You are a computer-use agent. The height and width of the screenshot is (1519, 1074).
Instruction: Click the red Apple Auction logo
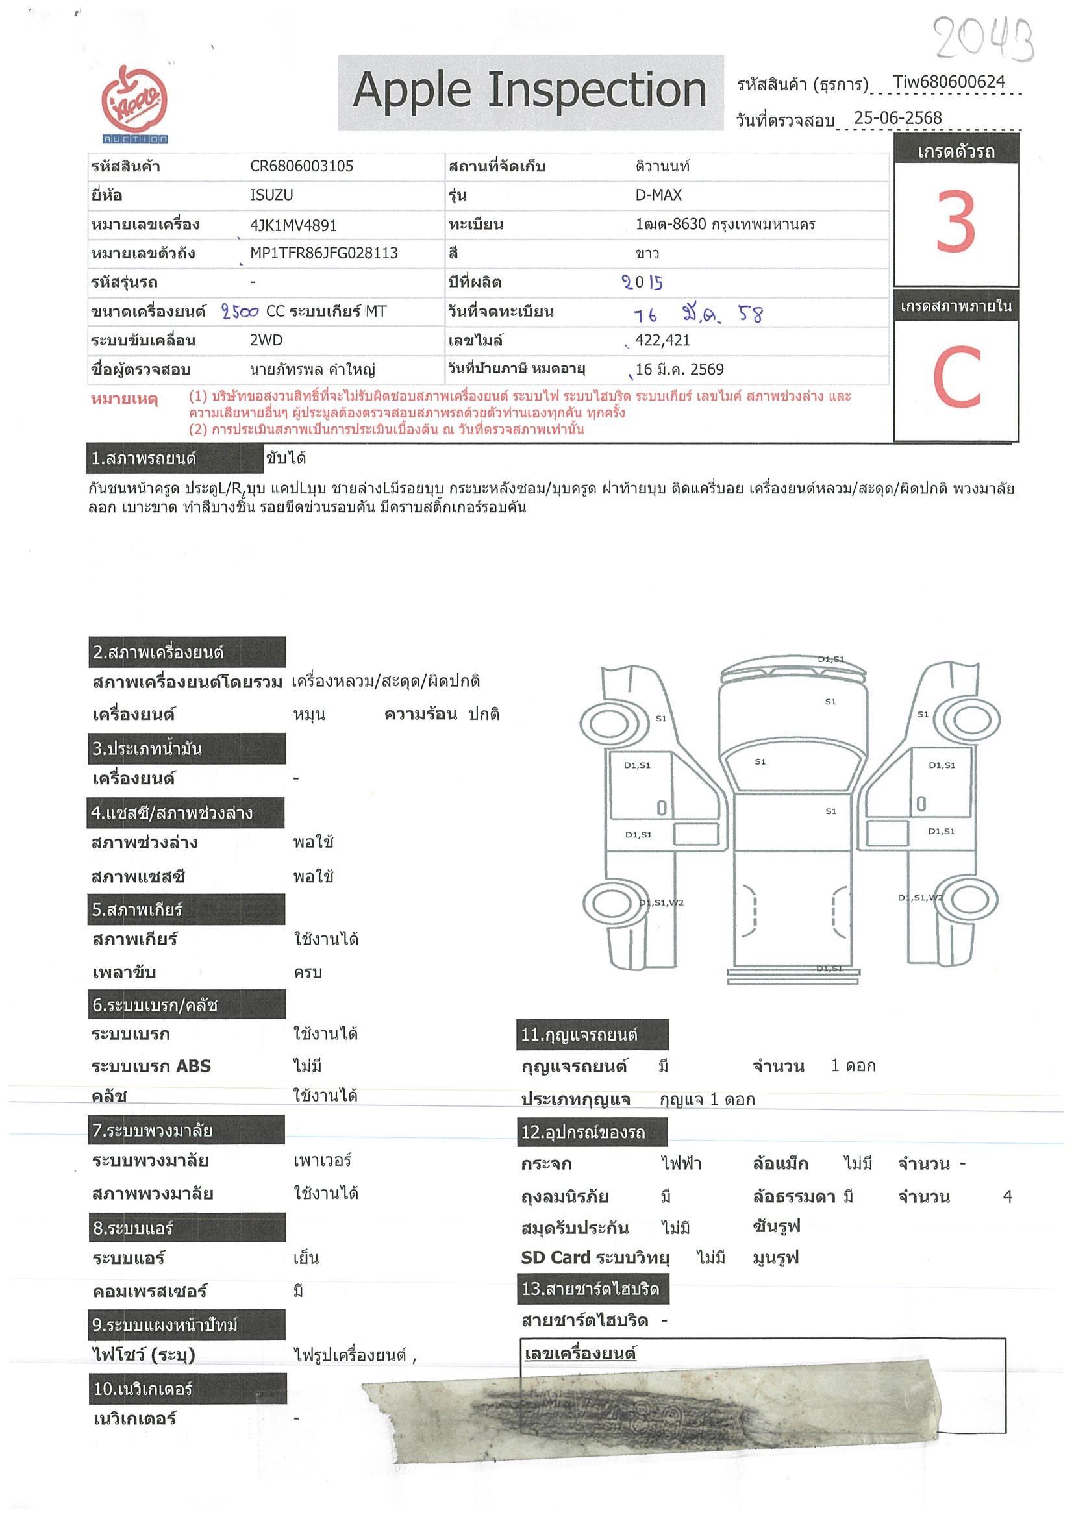pyautogui.click(x=134, y=103)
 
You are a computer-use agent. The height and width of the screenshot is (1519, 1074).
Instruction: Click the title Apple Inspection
pyautogui.click(x=529, y=91)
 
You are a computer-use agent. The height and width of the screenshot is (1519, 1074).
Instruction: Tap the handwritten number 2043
pyautogui.click(x=983, y=38)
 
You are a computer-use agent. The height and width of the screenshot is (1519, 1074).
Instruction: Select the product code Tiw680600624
pyautogui.click(x=948, y=82)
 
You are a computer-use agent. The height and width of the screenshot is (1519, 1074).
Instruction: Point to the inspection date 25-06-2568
pyautogui.click(x=897, y=117)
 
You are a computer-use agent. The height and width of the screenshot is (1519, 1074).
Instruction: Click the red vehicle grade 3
pyautogui.click(x=956, y=221)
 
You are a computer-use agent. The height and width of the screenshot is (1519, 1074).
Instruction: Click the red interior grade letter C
pyautogui.click(x=956, y=378)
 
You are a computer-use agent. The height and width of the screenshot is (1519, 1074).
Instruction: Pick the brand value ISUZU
pyautogui.click(x=271, y=195)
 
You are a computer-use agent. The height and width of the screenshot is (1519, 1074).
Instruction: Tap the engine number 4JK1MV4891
pyautogui.click(x=293, y=225)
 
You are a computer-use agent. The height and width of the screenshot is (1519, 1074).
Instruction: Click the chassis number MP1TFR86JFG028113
pyautogui.click(x=323, y=253)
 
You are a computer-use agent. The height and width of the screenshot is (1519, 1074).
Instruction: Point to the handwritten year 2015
pyautogui.click(x=642, y=282)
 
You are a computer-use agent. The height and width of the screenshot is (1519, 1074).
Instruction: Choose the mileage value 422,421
pyautogui.click(x=662, y=341)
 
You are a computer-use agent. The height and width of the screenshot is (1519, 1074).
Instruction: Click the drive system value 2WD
pyautogui.click(x=266, y=341)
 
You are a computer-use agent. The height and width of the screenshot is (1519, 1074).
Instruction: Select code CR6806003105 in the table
pyautogui.click(x=301, y=166)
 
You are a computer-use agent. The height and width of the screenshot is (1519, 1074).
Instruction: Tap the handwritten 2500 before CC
pyautogui.click(x=240, y=312)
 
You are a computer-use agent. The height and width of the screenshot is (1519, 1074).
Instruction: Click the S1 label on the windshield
pyautogui.click(x=760, y=761)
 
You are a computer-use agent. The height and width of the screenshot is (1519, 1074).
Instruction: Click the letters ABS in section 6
pyautogui.click(x=193, y=1066)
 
